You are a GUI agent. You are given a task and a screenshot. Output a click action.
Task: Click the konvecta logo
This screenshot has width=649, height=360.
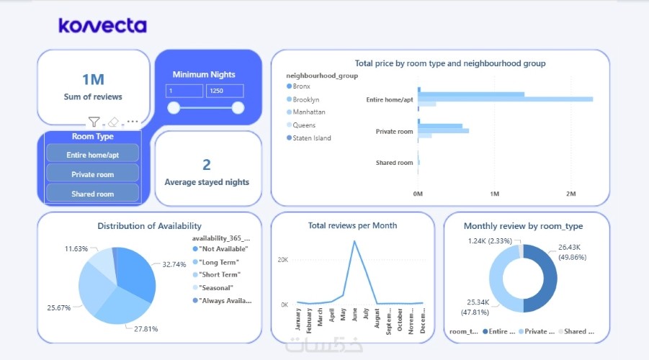pyautogui.click(x=103, y=26)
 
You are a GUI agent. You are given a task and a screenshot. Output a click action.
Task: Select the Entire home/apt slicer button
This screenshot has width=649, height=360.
pyautogui.click(x=91, y=155)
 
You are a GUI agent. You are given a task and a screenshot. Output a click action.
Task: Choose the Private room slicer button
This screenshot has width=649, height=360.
pyautogui.click(x=91, y=174)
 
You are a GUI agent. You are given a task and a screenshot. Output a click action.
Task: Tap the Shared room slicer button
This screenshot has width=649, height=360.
pyautogui.click(x=91, y=194)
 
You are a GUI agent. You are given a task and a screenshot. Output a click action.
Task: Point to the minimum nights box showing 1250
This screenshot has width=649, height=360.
pyautogui.click(x=224, y=91)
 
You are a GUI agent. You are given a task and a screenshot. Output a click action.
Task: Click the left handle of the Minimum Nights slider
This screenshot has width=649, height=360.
pyautogui.click(x=173, y=108)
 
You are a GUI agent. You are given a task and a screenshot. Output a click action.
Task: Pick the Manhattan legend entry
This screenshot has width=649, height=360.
pyautogui.click(x=308, y=112)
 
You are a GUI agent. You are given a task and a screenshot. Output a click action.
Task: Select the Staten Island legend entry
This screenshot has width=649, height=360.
pyautogui.click(x=311, y=138)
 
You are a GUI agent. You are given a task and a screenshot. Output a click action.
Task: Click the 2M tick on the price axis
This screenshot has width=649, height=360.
pyautogui.click(x=571, y=194)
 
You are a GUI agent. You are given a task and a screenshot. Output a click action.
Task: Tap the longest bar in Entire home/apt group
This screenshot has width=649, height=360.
pyautogui.click(x=505, y=99)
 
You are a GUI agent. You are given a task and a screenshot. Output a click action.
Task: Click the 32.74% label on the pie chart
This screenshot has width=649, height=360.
pyautogui.click(x=174, y=265)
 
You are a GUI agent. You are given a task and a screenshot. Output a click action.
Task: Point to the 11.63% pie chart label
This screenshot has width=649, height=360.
pyautogui.click(x=76, y=248)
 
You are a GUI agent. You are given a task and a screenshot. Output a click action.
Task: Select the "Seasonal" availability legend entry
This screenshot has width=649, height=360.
pyautogui.click(x=220, y=287)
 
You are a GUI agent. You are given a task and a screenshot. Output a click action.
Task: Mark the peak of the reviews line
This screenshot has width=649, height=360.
pyautogui.click(x=354, y=241)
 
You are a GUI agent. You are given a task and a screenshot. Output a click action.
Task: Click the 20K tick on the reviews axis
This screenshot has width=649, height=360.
pyautogui.click(x=283, y=260)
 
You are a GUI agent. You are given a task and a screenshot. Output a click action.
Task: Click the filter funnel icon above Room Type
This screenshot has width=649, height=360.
pyautogui.click(x=94, y=122)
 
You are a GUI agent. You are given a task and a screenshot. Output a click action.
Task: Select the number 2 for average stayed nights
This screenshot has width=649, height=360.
pyautogui.click(x=207, y=165)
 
